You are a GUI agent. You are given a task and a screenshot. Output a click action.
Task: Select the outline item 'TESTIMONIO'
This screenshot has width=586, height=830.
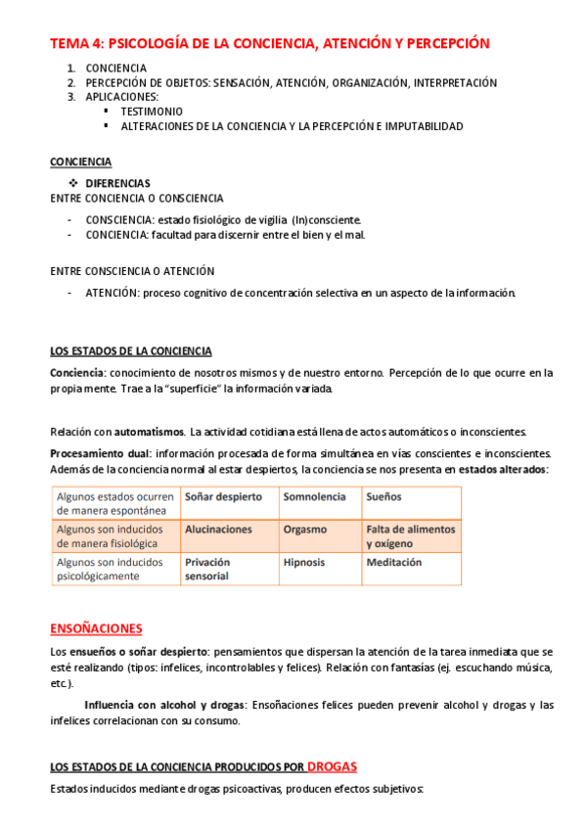pyautogui.click(x=152, y=112)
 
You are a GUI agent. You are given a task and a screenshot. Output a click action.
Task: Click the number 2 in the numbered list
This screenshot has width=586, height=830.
pyautogui.click(x=71, y=83)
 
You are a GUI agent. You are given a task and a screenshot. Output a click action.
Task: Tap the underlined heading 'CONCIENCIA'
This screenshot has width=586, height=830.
pyautogui.click(x=80, y=161)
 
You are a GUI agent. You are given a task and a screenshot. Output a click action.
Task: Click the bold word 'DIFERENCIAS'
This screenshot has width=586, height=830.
pyautogui.click(x=117, y=183)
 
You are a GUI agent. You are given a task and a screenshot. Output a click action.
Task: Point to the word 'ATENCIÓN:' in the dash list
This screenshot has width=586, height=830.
pyautogui.click(x=112, y=293)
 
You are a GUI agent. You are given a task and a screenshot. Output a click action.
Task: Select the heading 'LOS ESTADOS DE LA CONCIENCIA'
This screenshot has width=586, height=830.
pyautogui.click(x=131, y=351)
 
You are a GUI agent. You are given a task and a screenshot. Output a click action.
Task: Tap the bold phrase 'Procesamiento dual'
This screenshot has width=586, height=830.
pyautogui.click(x=100, y=453)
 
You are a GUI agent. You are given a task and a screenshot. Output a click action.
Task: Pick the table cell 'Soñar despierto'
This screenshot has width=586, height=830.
pyautogui.click(x=223, y=497)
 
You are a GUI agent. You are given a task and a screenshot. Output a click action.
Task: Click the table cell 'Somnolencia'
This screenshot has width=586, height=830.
pyautogui.click(x=314, y=497)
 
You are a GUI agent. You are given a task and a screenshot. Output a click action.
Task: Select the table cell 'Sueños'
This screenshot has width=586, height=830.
pyautogui.click(x=383, y=497)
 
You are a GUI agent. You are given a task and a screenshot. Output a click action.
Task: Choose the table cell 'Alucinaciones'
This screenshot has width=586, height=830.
pyautogui.click(x=218, y=530)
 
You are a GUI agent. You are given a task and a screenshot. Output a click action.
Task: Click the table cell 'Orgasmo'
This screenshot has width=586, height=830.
pyautogui.click(x=305, y=530)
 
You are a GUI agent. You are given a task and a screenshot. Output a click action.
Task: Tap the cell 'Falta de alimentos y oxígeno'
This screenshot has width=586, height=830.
pyautogui.click(x=410, y=536)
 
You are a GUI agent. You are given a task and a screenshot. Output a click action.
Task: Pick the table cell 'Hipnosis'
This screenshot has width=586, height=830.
pyautogui.click(x=304, y=563)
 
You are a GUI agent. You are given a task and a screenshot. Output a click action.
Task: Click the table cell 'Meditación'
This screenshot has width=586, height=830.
pyautogui.click(x=394, y=563)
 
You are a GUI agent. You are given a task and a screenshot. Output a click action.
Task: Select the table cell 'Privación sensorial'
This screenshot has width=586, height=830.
pyautogui.click(x=206, y=570)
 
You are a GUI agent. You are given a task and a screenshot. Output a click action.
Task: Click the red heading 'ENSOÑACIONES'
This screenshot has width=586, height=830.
pyautogui.click(x=96, y=628)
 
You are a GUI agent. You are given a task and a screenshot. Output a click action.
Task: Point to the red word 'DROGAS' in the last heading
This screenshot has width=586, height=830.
pyautogui.click(x=334, y=766)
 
